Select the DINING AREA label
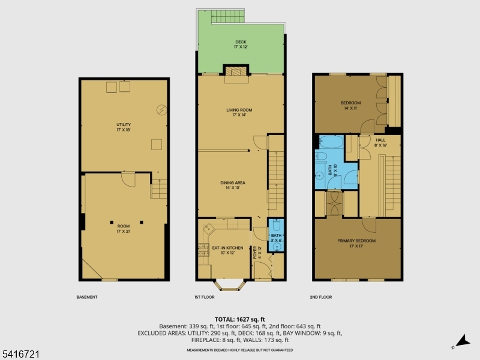[x=236, y=185]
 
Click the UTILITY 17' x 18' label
[x=123, y=127]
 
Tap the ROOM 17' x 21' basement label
[x=123, y=229]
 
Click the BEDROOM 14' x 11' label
[x=351, y=106]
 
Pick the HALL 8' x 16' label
[x=380, y=142]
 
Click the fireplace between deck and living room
[x=235, y=70]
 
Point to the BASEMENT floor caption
[x=87, y=297]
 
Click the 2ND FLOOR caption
[x=321, y=297]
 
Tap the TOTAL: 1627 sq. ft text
[x=239, y=319]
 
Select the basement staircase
[x=158, y=190]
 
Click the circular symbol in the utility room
[x=161, y=109]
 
